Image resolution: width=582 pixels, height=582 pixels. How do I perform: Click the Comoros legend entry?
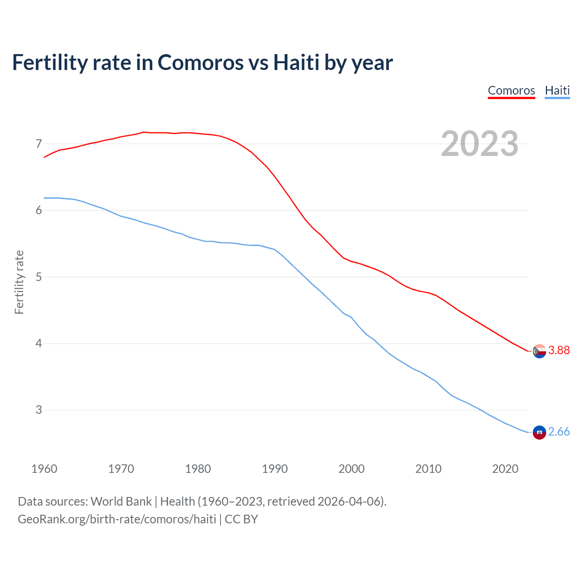click(x=511, y=90)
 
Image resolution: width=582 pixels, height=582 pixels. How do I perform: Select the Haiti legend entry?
click(x=557, y=90)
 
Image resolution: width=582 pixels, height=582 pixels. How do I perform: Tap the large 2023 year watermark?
click(x=479, y=144)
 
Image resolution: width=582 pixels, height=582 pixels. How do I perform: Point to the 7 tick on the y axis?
click(x=39, y=144)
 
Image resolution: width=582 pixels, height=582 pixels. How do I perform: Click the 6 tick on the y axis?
click(x=39, y=211)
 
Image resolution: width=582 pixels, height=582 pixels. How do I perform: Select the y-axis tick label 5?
click(x=39, y=277)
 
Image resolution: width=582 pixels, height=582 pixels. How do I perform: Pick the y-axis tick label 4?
click(x=39, y=344)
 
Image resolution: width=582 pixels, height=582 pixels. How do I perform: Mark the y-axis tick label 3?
click(x=39, y=410)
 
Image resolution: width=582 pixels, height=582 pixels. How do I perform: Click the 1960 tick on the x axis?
click(x=44, y=469)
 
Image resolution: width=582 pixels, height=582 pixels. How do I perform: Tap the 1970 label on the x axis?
click(x=121, y=469)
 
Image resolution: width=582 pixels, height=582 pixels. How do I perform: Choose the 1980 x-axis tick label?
click(x=198, y=469)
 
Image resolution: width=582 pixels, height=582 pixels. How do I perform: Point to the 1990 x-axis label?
click(x=275, y=469)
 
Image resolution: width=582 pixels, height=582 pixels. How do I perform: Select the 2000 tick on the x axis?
click(x=351, y=469)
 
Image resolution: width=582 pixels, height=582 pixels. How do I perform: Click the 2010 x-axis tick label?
click(x=428, y=469)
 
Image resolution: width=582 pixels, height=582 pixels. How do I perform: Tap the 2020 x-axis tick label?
click(x=505, y=469)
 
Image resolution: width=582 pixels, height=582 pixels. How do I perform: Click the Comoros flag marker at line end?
click(x=539, y=351)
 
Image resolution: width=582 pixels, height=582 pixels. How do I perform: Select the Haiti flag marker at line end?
click(x=539, y=432)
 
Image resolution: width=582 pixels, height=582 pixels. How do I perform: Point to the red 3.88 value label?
click(x=559, y=350)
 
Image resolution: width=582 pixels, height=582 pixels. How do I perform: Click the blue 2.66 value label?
click(x=559, y=431)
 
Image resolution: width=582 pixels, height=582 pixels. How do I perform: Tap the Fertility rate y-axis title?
click(x=19, y=282)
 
